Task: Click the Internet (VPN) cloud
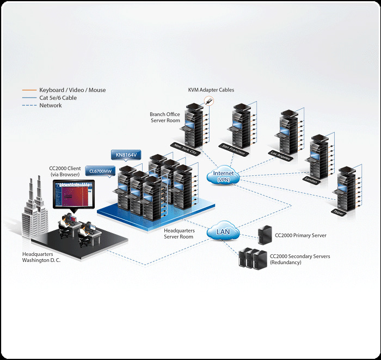[x=223, y=176]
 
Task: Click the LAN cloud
[x=223, y=233]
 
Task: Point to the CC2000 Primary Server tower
[x=265, y=235]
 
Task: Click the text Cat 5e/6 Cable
[x=58, y=98]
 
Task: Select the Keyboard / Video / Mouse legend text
[x=72, y=90]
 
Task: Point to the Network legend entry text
[x=50, y=106]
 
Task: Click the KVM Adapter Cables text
[x=211, y=90]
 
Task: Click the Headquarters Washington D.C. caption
[x=41, y=257]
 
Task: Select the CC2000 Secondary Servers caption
[x=300, y=259]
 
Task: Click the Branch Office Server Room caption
[x=165, y=117]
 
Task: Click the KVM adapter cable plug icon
[x=208, y=101]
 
